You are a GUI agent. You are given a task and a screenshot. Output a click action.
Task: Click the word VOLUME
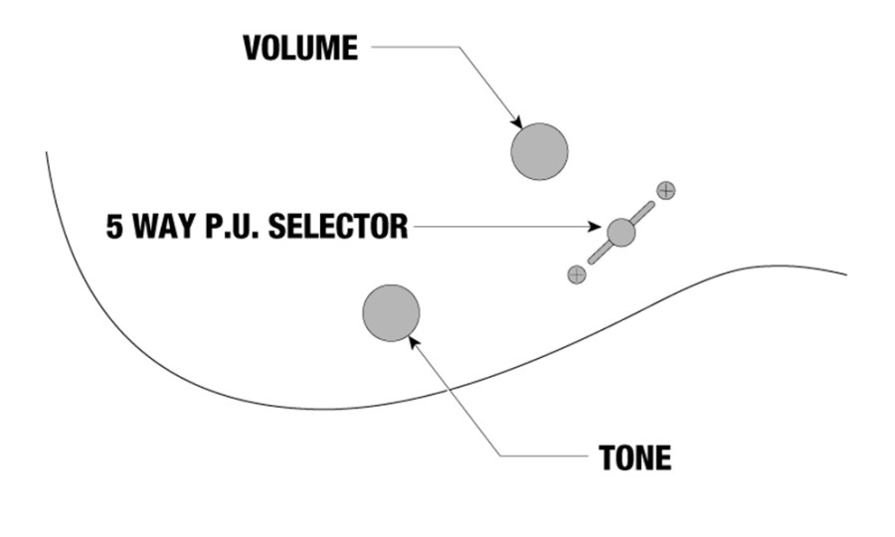point(300,48)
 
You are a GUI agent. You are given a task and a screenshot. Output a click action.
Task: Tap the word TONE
point(634,457)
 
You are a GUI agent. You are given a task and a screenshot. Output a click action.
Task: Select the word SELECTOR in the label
point(338,227)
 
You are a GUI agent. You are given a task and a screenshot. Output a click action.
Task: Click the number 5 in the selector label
point(114,227)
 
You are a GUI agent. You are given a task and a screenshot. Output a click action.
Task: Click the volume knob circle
point(539,152)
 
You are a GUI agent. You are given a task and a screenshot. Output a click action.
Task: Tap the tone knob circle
point(391,313)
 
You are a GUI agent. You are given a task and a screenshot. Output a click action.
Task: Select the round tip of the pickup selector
point(621,233)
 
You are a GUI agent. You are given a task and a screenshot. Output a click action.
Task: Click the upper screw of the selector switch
point(666,191)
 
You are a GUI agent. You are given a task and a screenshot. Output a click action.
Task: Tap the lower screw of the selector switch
point(577,274)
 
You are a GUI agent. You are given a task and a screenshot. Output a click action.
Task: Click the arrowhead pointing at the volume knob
point(517,123)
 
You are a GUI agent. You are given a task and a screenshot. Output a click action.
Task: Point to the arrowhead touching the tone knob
point(415,341)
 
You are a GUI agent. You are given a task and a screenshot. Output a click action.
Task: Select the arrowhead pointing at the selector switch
point(595,227)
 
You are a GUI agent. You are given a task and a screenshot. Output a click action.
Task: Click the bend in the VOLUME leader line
point(458,47)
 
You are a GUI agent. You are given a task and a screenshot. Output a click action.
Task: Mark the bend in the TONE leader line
point(500,455)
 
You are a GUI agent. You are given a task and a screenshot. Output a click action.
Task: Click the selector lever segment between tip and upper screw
point(643,212)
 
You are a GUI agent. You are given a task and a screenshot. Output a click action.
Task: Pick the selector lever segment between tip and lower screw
point(600,253)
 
